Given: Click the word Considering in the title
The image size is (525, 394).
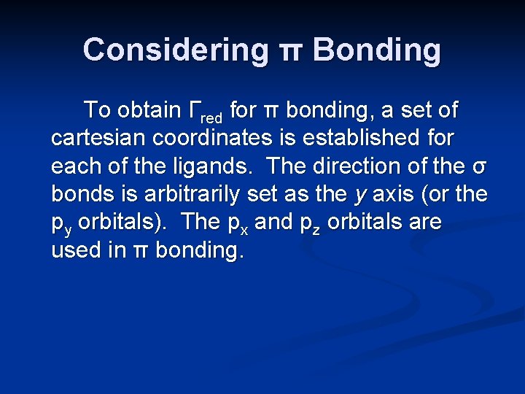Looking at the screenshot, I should click(x=176, y=50).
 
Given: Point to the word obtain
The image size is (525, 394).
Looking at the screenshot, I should click(x=149, y=110).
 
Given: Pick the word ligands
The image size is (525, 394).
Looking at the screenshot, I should click(x=221, y=166).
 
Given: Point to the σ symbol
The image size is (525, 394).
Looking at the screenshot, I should click(x=478, y=167).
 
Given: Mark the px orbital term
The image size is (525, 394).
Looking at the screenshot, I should click(x=240, y=223).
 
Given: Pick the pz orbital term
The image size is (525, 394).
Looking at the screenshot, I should click(x=315, y=223).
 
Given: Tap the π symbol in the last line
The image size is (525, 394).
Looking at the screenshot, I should click(x=142, y=250).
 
